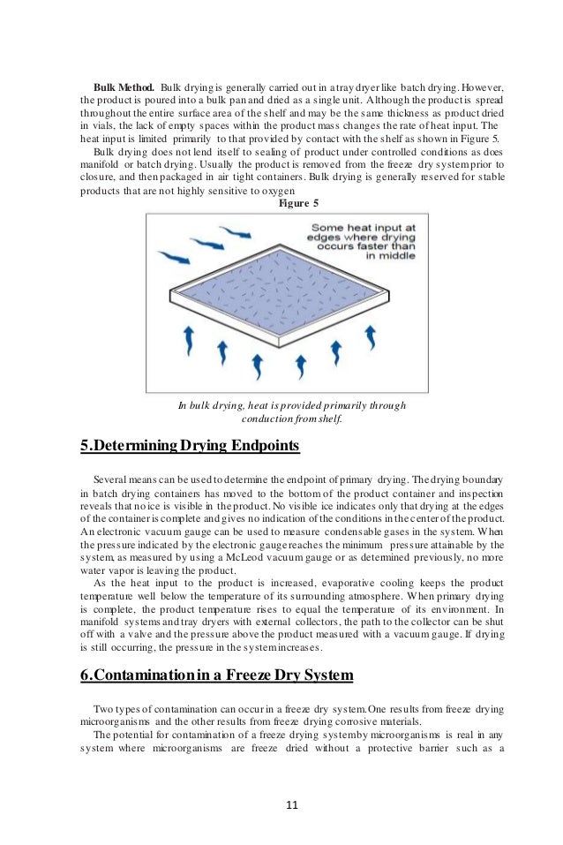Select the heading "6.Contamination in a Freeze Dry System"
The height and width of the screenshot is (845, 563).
[x=217, y=675]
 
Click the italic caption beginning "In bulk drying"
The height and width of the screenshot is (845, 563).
[x=292, y=411]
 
